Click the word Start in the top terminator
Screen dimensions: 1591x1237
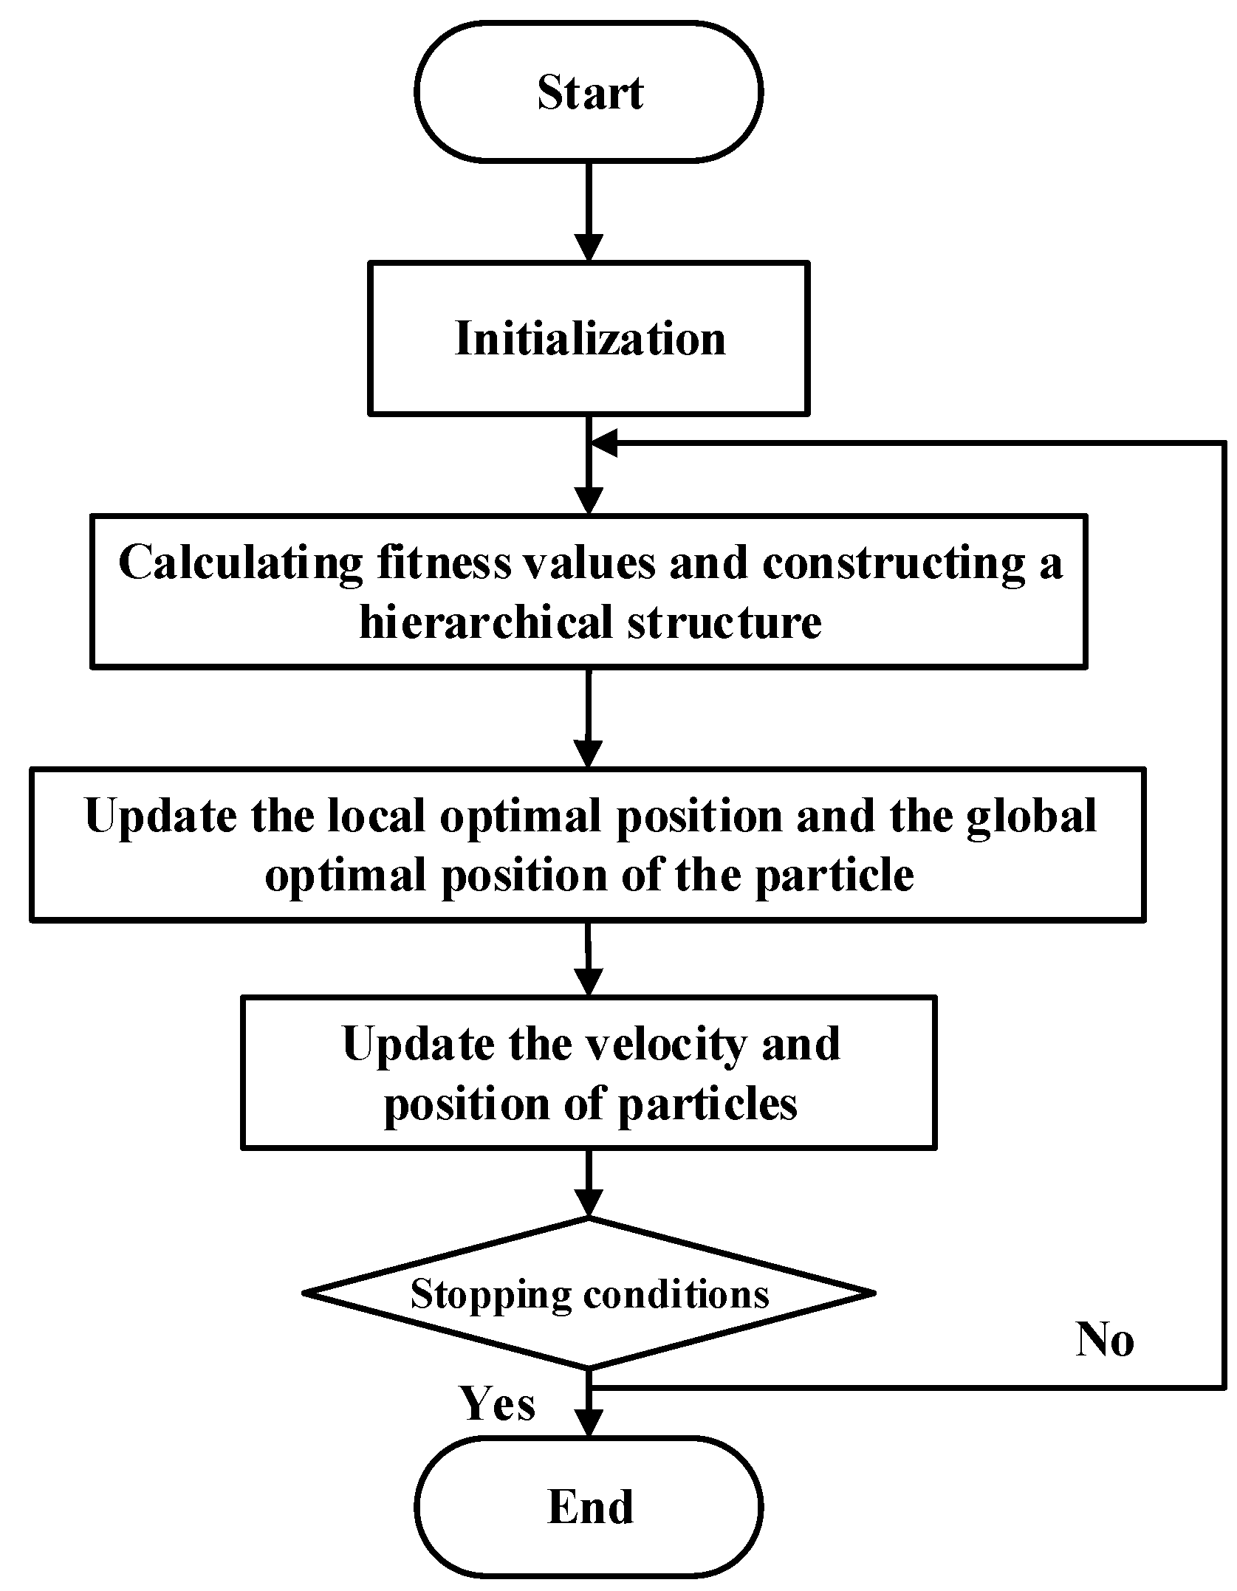click(589, 93)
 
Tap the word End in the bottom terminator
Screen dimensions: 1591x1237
click(590, 1506)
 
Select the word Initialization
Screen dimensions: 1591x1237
click(590, 338)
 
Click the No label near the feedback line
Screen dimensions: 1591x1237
click(1104, 1339)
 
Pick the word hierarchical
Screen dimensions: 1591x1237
click(486, 622)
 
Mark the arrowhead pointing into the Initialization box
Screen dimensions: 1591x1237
click(589, 247)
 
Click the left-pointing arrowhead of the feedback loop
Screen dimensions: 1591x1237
click(604, 443)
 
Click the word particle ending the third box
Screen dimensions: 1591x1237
click(834, 876)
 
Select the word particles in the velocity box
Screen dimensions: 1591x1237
click(707, 1104)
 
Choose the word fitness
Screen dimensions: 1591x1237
click(443, 563)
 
